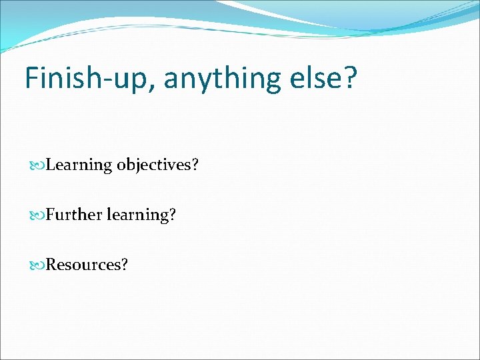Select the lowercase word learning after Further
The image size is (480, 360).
136,215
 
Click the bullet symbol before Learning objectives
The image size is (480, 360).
37,165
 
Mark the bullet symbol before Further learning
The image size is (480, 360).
37,215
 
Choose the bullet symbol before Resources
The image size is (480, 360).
37,264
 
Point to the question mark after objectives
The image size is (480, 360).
195,165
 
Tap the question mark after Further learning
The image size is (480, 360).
172,214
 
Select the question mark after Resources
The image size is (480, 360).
124,264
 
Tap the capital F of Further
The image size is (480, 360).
51,214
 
